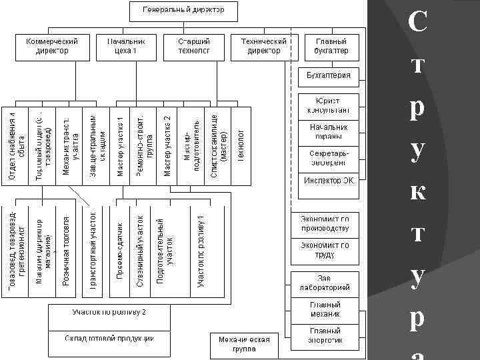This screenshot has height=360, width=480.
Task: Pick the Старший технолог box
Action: [194, 46]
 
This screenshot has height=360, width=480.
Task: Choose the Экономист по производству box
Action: [325, 223]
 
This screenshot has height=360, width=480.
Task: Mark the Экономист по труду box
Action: [325, 250]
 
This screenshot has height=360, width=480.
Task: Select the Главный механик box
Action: [325, 309]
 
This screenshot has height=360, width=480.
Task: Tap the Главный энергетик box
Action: [325, 335]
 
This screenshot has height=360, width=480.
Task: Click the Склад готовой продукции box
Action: [109, 339]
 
